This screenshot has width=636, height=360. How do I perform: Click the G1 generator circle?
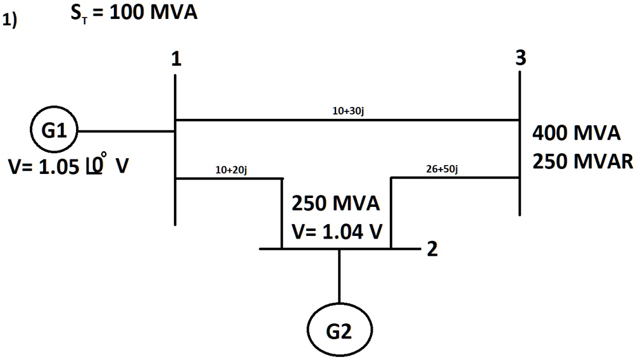[53, 132]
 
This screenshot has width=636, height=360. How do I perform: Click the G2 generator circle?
[340, 331]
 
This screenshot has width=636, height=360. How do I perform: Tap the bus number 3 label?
[520, 58]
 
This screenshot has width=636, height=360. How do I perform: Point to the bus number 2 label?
[432, 249]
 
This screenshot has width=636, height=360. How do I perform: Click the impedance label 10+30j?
[347, 111]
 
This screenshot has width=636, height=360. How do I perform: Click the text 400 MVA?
[577, 133]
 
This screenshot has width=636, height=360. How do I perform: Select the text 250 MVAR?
[582, 161]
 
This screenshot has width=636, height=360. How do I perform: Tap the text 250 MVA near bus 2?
[335, 204]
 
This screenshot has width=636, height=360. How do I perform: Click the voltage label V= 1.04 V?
[337, 232]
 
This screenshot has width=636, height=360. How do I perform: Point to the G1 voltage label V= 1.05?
[67, 168]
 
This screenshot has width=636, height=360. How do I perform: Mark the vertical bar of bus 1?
[175, 202]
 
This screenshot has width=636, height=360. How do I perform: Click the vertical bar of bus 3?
[520, 196]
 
